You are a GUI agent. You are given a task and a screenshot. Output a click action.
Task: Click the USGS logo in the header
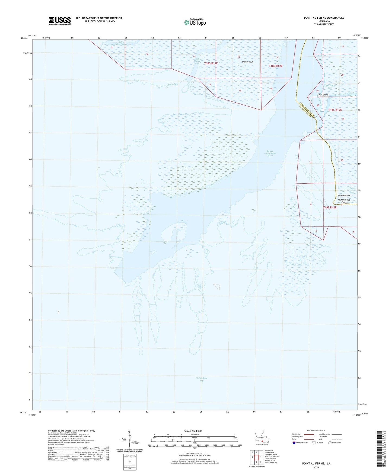60,21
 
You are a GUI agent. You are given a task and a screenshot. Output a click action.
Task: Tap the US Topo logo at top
195,22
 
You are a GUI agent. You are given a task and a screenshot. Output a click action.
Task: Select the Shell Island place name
247,62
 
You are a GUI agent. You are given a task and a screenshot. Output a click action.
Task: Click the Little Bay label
173,84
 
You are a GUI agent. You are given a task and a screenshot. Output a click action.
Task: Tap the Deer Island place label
323,95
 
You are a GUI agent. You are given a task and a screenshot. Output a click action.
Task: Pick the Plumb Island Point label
344,201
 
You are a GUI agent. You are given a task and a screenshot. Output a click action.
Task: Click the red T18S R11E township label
211,63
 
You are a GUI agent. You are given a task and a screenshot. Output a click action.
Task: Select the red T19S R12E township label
330,208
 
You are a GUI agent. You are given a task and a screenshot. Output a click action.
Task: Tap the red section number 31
310,162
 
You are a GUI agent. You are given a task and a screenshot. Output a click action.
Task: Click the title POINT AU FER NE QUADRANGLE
324,18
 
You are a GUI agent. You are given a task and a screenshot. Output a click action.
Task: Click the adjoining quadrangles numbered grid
256,456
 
